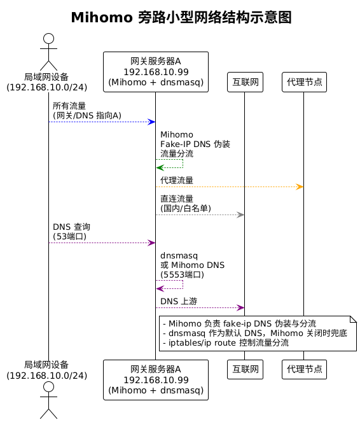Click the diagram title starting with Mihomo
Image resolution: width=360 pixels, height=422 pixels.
[x=181, y=17]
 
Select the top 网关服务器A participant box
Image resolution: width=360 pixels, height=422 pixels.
[x=156, y=72]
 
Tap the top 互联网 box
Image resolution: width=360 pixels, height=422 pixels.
[x=245, y=82]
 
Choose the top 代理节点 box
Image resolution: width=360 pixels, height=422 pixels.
[x=304, y=82]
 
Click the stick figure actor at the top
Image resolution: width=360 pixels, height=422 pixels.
[x=49, y=52]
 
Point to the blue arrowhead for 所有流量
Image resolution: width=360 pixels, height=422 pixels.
[x=151, y=122]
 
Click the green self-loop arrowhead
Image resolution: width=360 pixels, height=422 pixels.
[x=160, y=167]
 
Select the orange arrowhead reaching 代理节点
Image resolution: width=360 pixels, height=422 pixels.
[x=300, y=186]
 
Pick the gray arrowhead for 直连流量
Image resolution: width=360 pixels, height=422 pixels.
[x=240, y=215]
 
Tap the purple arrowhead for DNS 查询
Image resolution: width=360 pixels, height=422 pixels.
[x=151, y=243]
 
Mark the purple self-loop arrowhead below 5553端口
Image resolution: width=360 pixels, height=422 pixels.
[x=160, y=288]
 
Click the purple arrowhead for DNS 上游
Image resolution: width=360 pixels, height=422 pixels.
[x=240, y=307]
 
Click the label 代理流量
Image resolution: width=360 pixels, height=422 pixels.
[x=177, y=180]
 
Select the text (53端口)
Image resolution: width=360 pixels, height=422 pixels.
[x=69, y=236]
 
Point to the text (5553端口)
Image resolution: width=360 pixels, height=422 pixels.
[x=182, y=274]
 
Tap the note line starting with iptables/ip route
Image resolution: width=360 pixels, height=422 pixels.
[x=226, y=342]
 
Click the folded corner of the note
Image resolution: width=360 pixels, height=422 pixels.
[x=354, y=319]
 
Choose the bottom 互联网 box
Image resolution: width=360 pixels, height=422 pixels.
[x=245, y=369]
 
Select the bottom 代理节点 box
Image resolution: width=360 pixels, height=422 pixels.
[x=304, y=369]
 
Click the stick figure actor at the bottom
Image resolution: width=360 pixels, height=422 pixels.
[x=49, y=400]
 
